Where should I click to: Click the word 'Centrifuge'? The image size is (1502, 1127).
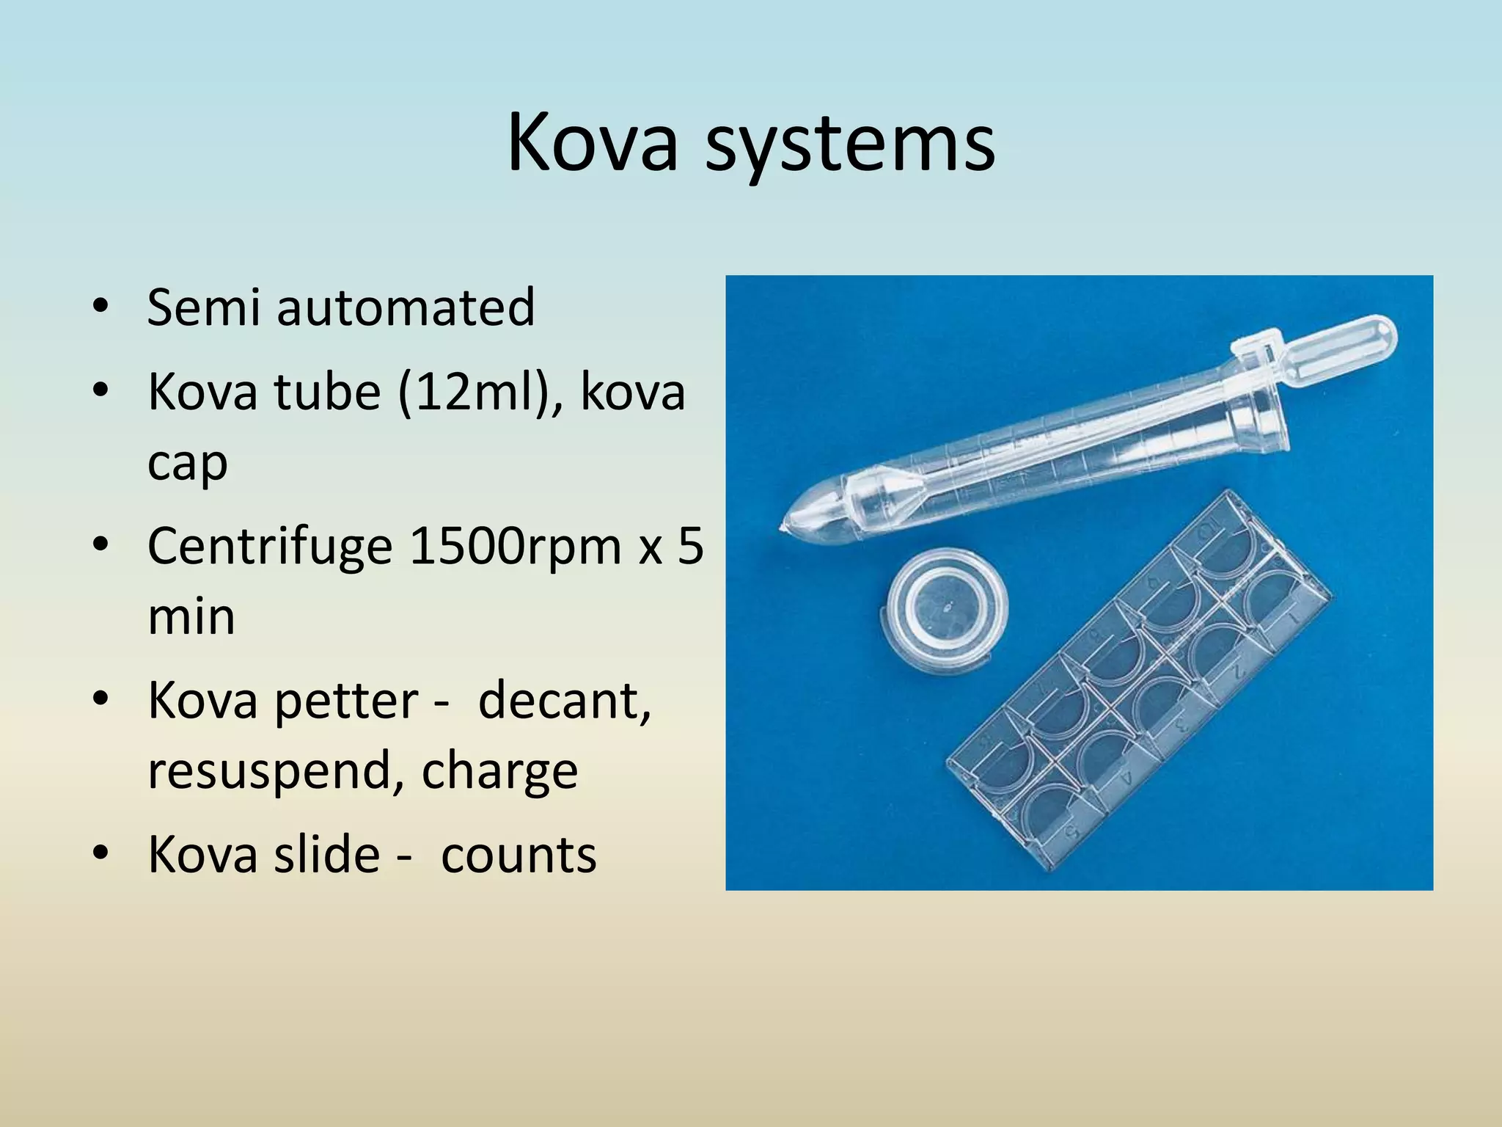270,548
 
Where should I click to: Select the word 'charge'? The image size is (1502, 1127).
499,772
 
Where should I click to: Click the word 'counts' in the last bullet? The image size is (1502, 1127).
519,855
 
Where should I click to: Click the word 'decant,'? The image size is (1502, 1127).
564,701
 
